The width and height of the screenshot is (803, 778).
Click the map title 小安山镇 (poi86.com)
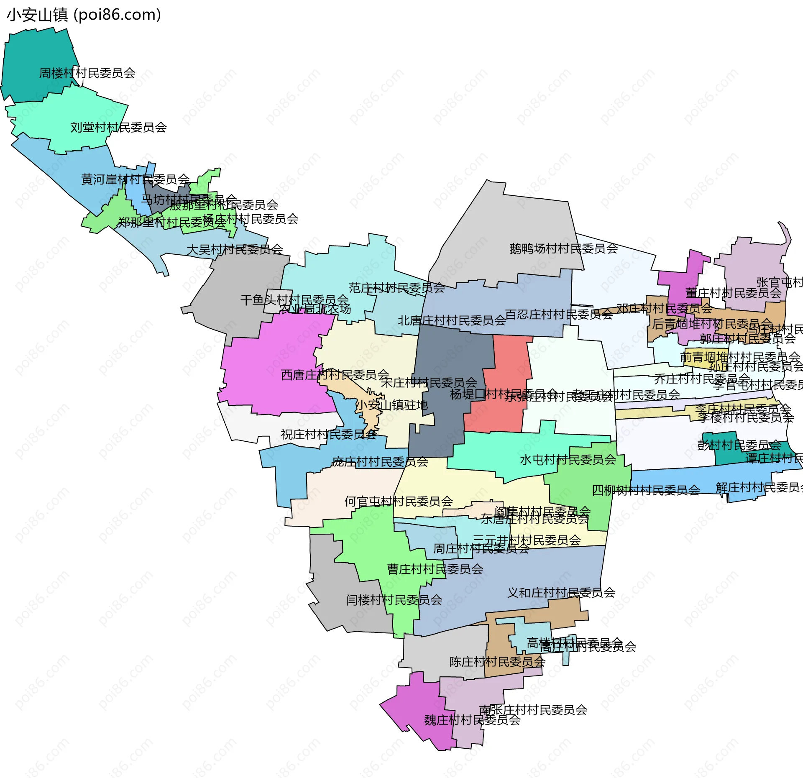point(84,15)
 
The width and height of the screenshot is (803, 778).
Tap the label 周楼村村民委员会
point(87,73)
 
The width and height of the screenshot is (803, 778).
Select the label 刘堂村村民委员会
point(118,127)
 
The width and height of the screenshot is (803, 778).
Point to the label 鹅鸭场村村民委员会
point(563,249)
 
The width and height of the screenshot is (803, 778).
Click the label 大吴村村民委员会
point(235,250)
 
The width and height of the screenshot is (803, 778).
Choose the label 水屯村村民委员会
point(568,460)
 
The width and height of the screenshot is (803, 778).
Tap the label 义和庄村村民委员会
point(561,593)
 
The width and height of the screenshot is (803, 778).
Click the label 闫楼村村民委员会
point(394,600)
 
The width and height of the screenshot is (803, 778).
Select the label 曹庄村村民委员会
point(435,569)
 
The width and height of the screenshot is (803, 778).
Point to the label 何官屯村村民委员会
point(399,502)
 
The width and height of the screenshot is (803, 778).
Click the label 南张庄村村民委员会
point(533,710)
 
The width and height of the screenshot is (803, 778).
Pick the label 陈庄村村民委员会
point(497,662)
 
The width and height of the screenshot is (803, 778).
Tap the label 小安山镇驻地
point(391,405)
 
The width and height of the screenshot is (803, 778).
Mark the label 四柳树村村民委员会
point(646,490)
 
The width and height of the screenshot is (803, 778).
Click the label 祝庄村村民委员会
point(328,435)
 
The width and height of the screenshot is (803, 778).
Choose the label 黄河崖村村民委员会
point(135,179)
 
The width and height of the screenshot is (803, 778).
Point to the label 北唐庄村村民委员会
point(452,321)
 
